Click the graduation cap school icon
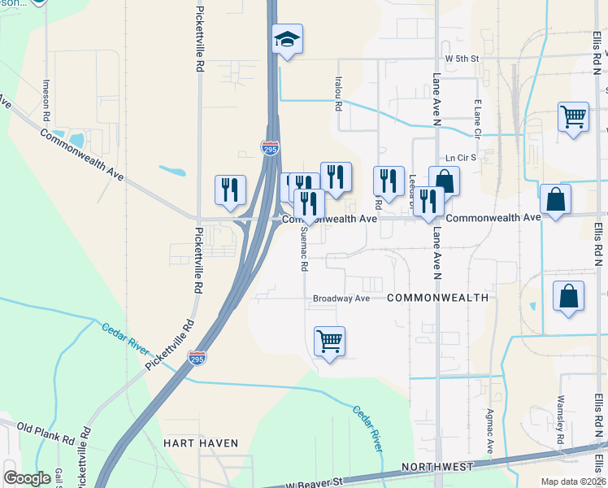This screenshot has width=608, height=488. [287, 39]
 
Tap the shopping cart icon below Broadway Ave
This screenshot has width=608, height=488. [329, 341]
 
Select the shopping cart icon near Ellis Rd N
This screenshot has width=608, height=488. [573, 116]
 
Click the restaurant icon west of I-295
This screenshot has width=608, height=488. [230, 190]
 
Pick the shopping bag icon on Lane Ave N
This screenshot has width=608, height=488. [444, 181]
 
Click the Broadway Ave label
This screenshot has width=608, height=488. [341, 298]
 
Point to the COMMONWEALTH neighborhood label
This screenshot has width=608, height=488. [437, 298]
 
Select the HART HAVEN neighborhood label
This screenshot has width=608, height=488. [201, 443]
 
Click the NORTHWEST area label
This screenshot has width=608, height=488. [438, 468]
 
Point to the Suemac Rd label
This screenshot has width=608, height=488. [305, 248]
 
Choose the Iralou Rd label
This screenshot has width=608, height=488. [338, 94]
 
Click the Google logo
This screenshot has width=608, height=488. [28, 478]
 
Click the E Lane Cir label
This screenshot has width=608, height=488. [478, 119]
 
